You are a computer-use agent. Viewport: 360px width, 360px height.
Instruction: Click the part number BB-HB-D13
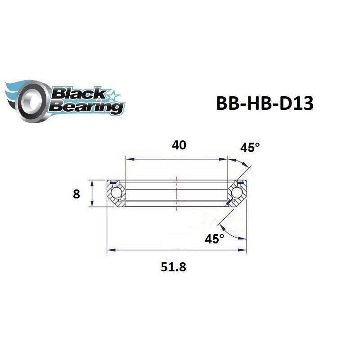coord(265,103)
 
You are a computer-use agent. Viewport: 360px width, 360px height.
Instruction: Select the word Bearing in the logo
coord(88,107)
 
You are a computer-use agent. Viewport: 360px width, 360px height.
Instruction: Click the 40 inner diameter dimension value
coord(179,145)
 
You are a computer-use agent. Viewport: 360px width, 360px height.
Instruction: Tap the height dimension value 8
coord(76,194)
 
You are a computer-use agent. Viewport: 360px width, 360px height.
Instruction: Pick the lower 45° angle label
coord(214,239)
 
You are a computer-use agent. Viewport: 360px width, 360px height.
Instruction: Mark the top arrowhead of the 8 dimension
coord(92,182)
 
